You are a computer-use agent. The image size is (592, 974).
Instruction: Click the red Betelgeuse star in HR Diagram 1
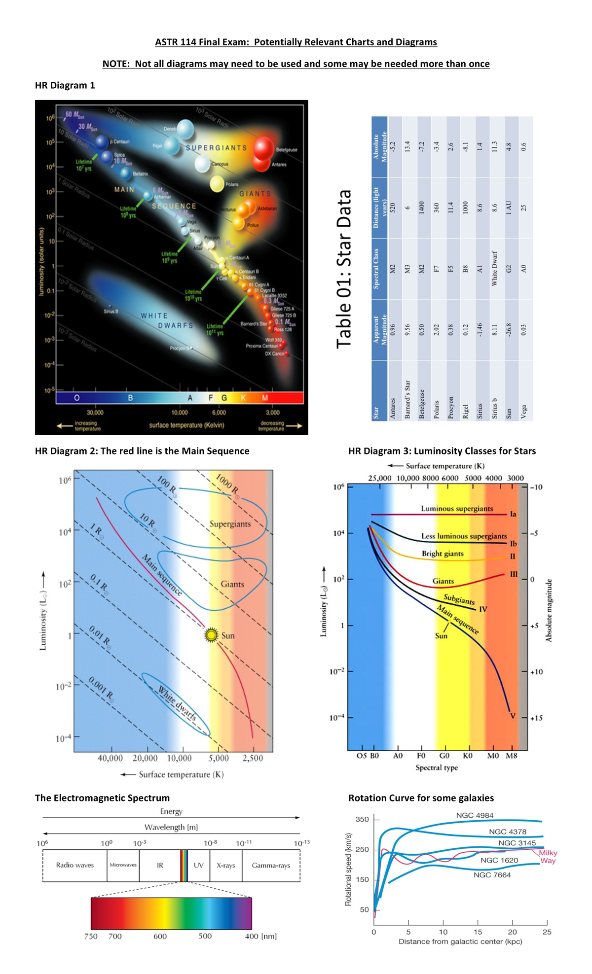pos(263,147)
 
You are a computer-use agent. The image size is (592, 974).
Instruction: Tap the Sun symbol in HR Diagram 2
pos(212,635)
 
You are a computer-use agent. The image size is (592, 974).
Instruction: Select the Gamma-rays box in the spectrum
pos(271,865)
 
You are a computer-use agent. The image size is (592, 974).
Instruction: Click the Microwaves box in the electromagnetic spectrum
pos(123,865)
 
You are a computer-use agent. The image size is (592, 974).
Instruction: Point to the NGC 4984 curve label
pos(475,815)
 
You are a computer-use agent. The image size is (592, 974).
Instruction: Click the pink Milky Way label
pos(548,857)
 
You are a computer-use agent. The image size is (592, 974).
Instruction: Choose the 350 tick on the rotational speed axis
pos(363,819)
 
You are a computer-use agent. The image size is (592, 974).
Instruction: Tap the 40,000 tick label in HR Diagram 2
pos(110,758)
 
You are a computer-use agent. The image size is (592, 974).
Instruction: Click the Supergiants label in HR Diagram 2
pos(230,524)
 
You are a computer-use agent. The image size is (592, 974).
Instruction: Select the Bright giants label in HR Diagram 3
pos(443,554)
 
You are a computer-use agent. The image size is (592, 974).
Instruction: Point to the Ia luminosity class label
pos(513,514)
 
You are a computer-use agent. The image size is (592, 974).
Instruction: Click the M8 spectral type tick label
pos(512,756)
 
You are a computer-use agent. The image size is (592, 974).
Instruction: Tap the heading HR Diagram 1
pos(65,85)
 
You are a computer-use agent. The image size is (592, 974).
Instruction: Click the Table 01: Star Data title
pos(344,269)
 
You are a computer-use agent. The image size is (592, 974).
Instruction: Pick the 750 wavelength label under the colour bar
pos(91,936)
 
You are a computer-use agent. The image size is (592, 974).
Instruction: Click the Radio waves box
pos(74,865)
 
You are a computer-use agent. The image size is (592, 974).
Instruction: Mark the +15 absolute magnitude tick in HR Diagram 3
pos(536,718)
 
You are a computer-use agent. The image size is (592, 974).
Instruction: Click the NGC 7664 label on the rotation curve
pos(492,875)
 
